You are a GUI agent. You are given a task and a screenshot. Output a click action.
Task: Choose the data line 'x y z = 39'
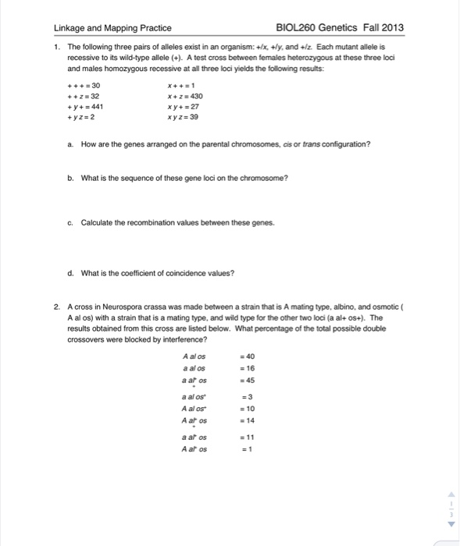(x=183, y=117)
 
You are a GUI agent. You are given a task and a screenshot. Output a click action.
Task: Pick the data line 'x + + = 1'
(x=180, y=87)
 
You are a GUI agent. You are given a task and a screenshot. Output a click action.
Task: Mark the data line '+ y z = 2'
(x=83, y=117)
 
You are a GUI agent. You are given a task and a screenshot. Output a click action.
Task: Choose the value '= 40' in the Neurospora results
(x=247, y=356)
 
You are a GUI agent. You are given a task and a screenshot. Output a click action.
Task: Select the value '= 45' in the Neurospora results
(x=247, y=380)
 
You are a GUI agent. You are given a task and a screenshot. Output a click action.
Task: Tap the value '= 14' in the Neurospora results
(x=247, y=420)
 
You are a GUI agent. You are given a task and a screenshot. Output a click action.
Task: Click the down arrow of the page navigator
(x=449, y=524)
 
